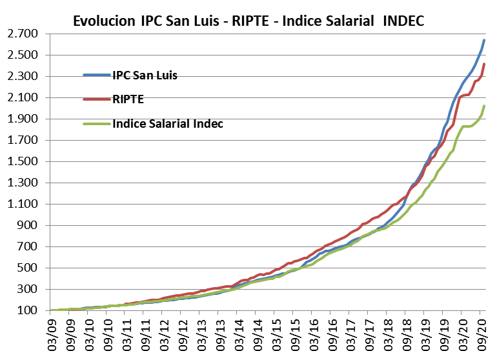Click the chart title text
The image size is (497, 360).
[249, 21]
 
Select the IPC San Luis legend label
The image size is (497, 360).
[145, 75]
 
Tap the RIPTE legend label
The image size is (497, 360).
[128, 99]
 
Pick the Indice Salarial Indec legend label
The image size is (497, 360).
[168, 124]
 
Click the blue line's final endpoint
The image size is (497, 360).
[485, 40]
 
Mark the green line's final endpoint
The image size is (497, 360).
[485, 106]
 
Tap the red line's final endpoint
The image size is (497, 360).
[485, 64]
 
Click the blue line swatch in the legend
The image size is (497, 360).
[97, 75]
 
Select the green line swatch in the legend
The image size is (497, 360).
[97, 124]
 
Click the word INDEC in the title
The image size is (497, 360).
[403, 21]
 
